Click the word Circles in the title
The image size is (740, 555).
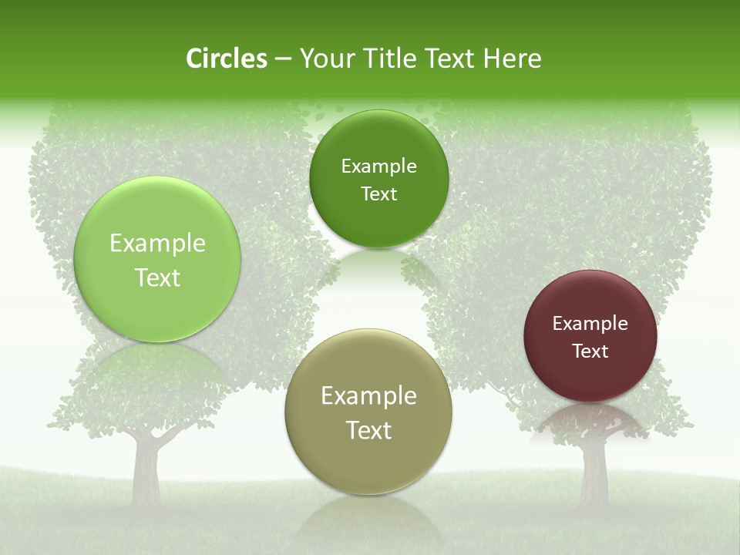pyautogui.click(x=227, y=59)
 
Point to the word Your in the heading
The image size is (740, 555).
pyautogui.click(x=325, y=59)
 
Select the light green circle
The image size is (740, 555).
pyautogui.click(x=157, y=259)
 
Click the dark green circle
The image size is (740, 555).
pyautogui.click(x=378, y=179)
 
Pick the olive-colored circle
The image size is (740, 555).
pyautogui.click(x=368, y=412)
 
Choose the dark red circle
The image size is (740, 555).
pyautogui.click(x=590, y=336)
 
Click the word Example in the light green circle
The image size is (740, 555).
pyautogui.click(x=157, y=244)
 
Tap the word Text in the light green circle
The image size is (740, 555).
pyautogui.click(x=157, y=277)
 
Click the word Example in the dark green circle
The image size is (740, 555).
pyautogui.click(x=378, y=166)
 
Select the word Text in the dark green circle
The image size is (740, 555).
pyautogui.click(x=378, y=193)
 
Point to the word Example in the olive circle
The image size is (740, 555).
pyautogui.click(x=368, y=396)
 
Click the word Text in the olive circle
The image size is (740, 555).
pyautogui.click(x=368, y=430)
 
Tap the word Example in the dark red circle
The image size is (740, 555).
pyautogui.click(x=590, y=324)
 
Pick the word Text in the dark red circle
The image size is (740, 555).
pyautogui.click(x=590, y=351)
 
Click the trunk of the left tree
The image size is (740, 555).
pyautogui.click(x=145, y=470)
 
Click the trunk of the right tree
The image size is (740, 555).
pyautogui.click(x=594, y=470)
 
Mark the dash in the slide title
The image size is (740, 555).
pyautogui.click(x=282, y=59)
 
